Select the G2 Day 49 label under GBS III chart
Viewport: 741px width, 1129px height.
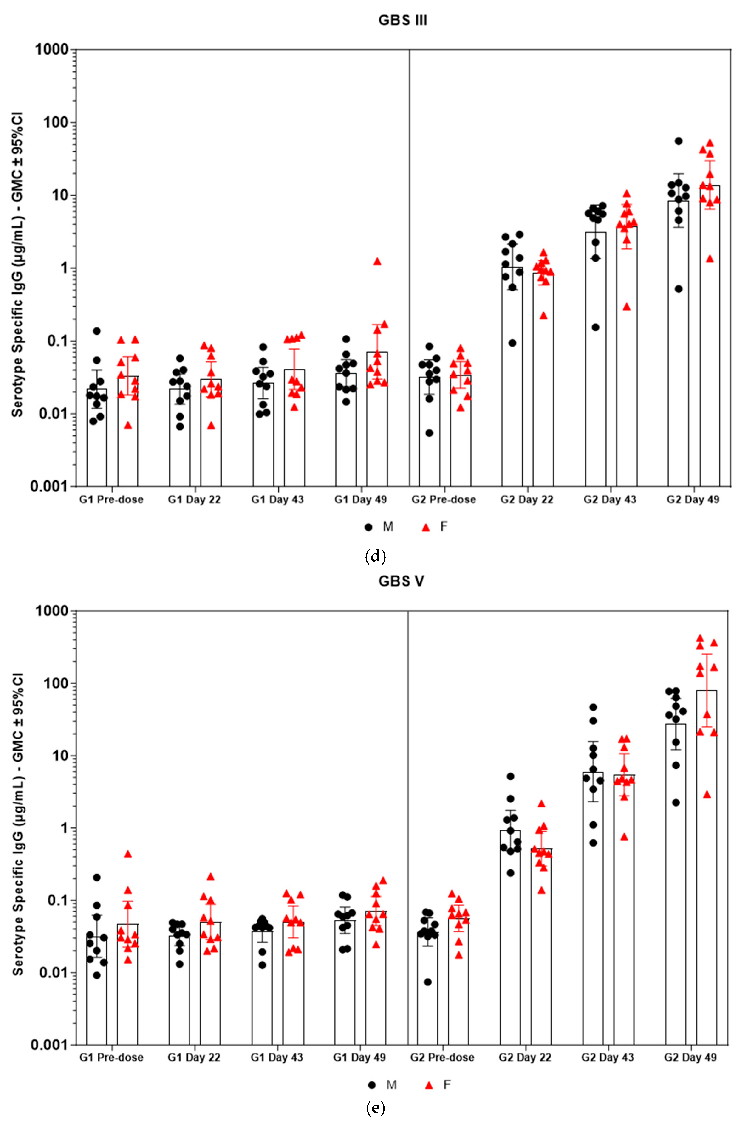pyautogui.click(x=693, y=500)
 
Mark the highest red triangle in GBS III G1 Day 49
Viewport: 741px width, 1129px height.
pyautogui.click(x=377, y=261)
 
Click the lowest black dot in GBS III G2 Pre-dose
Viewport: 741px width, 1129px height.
pyautogui.click(x=429, y=433)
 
